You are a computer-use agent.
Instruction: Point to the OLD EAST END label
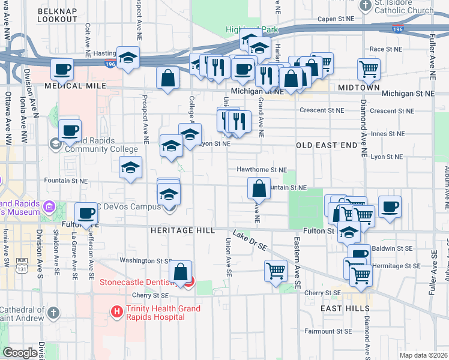point(326,145)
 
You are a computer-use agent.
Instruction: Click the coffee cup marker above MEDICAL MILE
point(62,69)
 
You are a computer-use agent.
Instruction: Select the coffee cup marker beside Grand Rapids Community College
point(70,130)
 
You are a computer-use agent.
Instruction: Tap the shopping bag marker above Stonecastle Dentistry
point(180,271)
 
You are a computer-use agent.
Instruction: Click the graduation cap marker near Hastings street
point(127,58)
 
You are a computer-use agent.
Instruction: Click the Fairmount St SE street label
point(327,331)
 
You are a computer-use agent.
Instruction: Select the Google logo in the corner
point(20,353)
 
